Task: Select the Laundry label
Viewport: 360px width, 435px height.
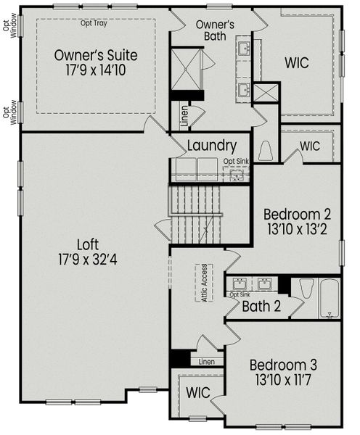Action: (x=211, y=146)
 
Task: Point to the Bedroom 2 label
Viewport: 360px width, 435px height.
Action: (x=298, y=215)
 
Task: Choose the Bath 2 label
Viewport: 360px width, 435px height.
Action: (x=261, y=307)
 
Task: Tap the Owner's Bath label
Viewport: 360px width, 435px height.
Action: (x=216, y=30)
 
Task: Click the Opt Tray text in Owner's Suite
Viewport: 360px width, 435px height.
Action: (x=95, y=22)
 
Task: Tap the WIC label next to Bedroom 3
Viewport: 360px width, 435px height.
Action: (x=197, y=393)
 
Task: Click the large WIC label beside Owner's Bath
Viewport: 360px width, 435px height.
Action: (x=298, y=63)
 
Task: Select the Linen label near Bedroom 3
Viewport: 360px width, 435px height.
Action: (x=206, y=360)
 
